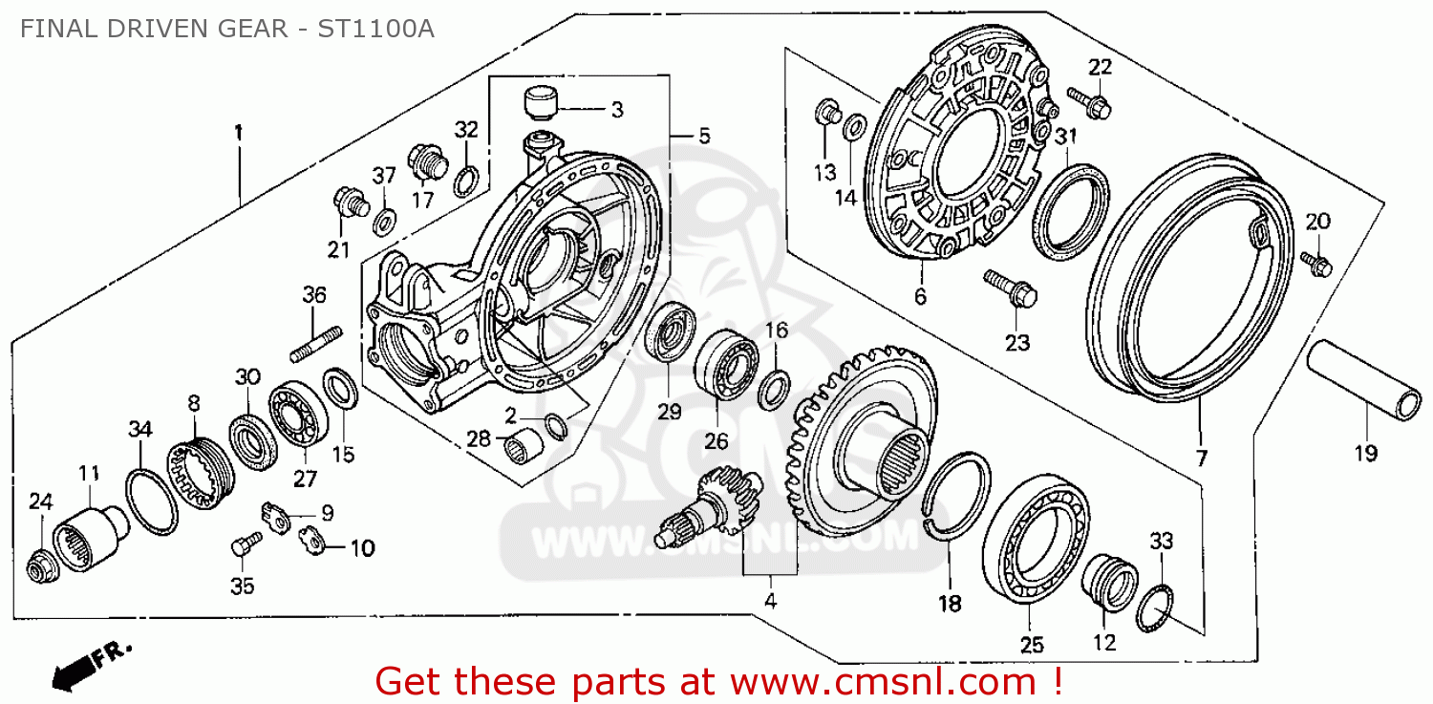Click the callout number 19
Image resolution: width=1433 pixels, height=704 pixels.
pyautogui.click(x=1366, y=454)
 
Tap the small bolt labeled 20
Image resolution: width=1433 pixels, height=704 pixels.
pyautogui.click(x=1315, y=263)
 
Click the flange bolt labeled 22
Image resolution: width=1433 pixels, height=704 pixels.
pyautogui.click(x=1087, y=99)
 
